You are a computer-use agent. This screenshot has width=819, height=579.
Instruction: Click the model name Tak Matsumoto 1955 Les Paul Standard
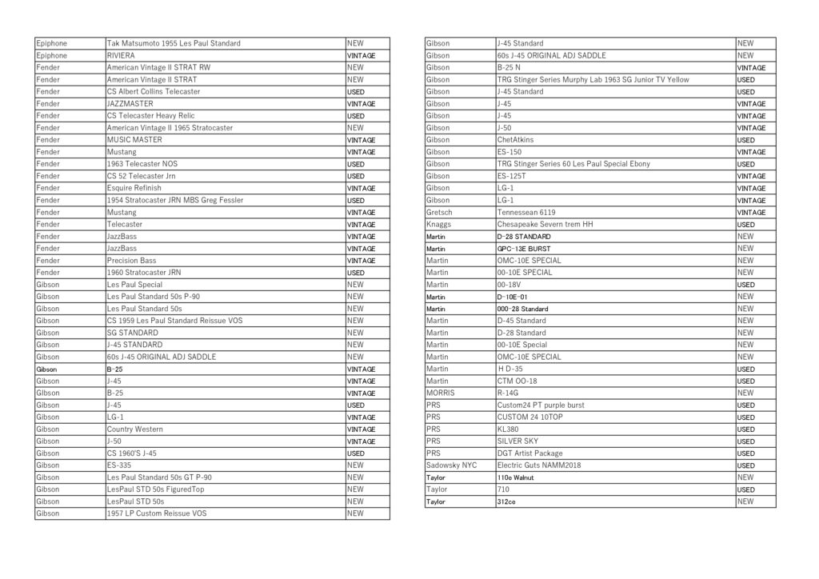tap(174, 43)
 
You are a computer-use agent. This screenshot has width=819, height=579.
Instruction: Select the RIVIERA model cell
tap(121, 56)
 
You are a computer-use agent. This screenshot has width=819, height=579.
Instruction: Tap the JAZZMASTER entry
tap(130, 104)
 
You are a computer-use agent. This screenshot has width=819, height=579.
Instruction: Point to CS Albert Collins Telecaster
tap(154, 92)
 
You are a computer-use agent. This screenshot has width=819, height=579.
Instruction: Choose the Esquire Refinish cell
tap(134, 188)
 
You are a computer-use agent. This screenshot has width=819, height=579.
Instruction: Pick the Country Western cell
tap(134, 429)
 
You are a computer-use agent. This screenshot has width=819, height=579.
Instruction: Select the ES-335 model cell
tap(120, 465)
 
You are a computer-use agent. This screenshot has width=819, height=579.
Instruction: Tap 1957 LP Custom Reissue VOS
tap(156, 513)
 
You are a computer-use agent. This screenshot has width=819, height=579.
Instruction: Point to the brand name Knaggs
tap(439, 225)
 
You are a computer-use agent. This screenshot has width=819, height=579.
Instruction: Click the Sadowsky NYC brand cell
tap(452, 465)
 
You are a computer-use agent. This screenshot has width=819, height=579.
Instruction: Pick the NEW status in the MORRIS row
tap(745, 393)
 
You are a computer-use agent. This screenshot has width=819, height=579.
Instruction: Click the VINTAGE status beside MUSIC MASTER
tap(361, 140)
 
